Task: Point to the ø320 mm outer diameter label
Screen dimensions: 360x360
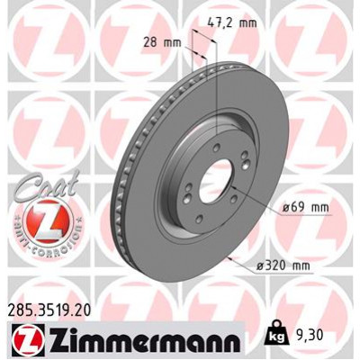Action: pos(283,265)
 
